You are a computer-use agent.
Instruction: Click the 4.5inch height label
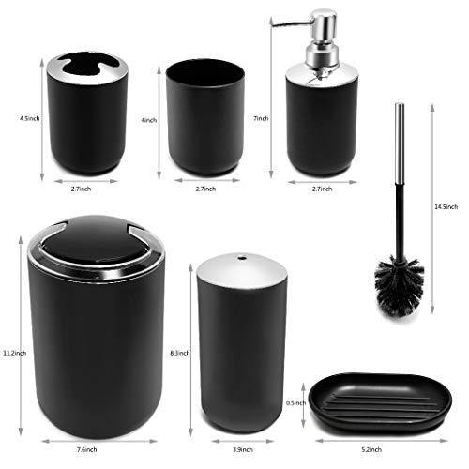point(30,118)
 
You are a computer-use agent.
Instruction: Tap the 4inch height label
point(149,120)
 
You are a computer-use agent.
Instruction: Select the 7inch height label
point(261,118)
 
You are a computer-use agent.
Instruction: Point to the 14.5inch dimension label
point(446,206)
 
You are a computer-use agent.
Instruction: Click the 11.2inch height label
point(15,353)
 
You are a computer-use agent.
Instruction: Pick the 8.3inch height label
point(180,353)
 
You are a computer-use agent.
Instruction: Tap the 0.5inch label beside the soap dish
point(295,403)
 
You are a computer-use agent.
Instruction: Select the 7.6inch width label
point(86,450)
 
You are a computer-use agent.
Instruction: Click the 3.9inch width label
point(243,450)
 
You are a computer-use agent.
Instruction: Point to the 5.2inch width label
point(371,450)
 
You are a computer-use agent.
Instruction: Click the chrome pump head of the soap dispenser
point(322,38)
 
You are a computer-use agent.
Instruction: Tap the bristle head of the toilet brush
point(400,285)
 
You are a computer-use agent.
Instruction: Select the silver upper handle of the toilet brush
point(400,144)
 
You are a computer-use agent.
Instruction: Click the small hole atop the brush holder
point(241,258)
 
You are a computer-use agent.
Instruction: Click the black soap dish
point(380,403)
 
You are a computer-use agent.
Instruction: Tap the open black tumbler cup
point(205,117)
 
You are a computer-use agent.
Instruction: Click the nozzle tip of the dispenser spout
point(273,23)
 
